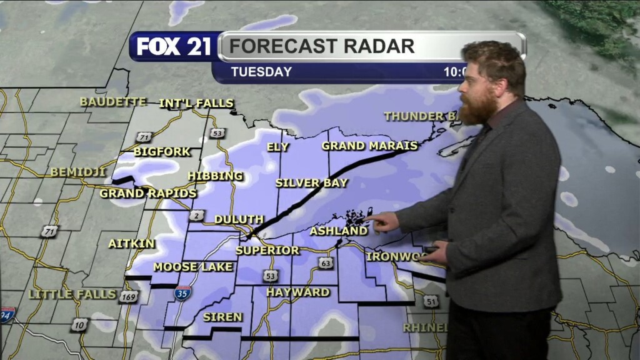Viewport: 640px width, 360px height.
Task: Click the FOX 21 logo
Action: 173,46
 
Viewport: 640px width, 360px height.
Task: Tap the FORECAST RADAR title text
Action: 321,46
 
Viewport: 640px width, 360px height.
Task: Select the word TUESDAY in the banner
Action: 261,72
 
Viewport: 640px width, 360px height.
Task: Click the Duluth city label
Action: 239,219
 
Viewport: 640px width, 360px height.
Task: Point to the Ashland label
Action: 339,231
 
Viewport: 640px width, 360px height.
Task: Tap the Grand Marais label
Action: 369,146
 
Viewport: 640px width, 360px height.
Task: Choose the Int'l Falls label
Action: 196,103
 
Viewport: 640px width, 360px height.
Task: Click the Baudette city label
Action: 113,101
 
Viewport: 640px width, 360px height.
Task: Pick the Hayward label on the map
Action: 298,292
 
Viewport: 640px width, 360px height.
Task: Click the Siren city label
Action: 222,317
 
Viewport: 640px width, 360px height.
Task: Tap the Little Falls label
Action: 72,294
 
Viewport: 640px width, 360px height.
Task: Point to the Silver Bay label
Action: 312,183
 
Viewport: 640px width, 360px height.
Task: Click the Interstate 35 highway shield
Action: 182,292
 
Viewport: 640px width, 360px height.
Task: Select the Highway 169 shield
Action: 128,297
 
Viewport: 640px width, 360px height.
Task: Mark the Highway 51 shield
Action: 430,301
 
